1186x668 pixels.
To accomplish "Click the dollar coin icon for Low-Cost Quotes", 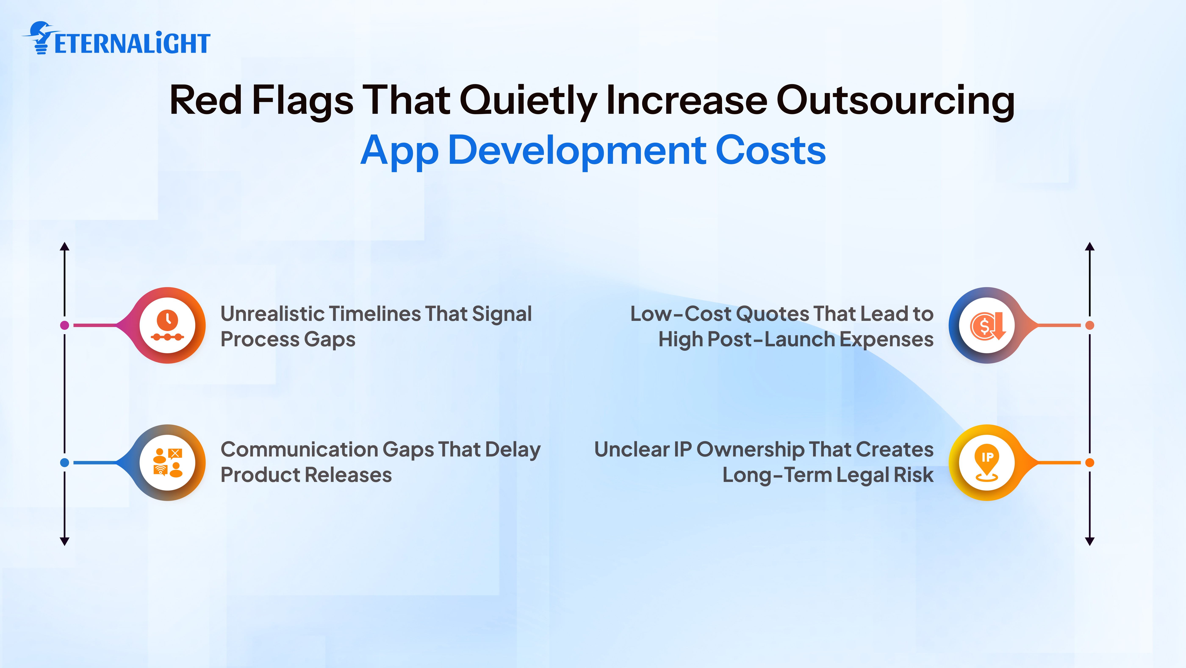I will click(x=987, y=325).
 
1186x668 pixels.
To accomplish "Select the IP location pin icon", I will click(x=987, y=462).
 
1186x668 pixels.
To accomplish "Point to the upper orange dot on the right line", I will click(x=1090, y=325).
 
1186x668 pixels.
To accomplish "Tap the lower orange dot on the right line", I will click(x=1090, y=462).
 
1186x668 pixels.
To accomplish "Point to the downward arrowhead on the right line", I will click(x=1090, y=541).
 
